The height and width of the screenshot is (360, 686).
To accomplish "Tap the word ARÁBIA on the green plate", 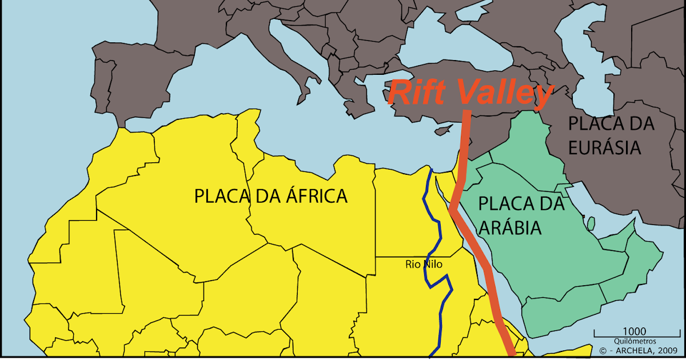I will click(x=510, y=229).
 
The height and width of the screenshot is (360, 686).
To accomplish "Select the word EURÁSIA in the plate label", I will click(x=605, y=148).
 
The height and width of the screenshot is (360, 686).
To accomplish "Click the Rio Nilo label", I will click(x=424, y=264).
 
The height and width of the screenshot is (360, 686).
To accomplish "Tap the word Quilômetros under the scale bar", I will click(x=635, y=341).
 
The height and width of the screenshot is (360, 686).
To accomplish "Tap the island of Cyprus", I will click(x=442, y=130).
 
